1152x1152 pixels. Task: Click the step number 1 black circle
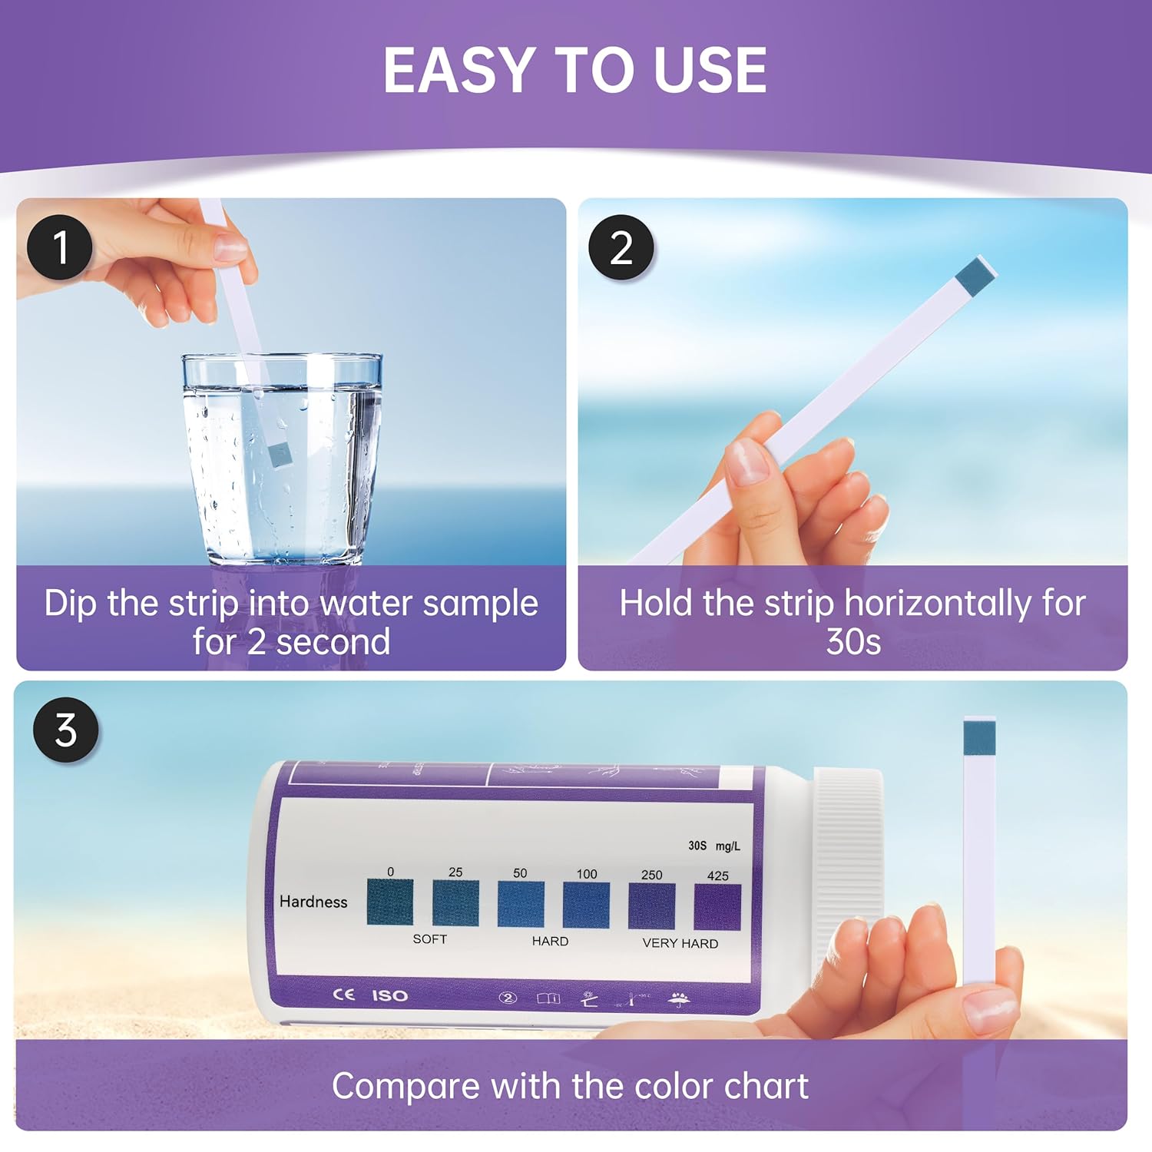tap(60, 247)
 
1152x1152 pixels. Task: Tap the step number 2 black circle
tap(621, 247)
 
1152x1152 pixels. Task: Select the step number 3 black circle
tap(66, 730)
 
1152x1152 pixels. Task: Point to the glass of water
tap(282, 461)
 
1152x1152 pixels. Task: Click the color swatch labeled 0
tap(390, 902)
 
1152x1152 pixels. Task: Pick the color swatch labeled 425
tap(717, 907)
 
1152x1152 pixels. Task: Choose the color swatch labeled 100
tap(586, 905)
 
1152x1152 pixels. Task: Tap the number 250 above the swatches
tap(651, 875)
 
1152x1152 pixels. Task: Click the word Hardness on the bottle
tap(313, 902)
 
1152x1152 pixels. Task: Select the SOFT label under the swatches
tap(429, 939)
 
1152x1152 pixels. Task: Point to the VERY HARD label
tap(680, 943)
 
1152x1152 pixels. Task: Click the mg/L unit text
tap(727, 846)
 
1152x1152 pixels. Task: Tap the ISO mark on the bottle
tap(389, 995)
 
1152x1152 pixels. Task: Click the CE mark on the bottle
tap(343, 995)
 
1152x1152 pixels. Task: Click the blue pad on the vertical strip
tap(979, 737)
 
